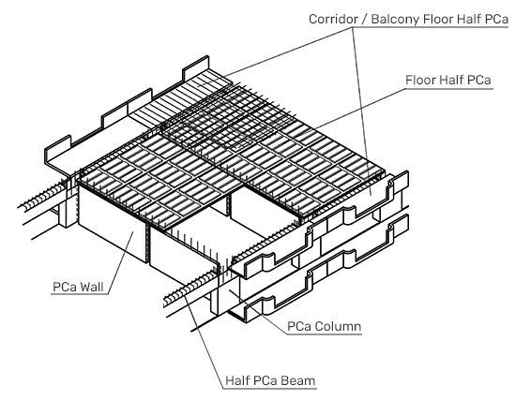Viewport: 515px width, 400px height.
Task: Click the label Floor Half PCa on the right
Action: point(448,80)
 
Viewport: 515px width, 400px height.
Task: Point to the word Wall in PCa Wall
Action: point(92,287)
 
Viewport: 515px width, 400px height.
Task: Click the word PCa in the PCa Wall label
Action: point(66,287)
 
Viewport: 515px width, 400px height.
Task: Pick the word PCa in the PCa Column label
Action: point(299,327)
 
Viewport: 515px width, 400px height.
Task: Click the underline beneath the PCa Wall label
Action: point(80,294)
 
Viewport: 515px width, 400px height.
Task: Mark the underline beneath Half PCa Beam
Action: point(270,389)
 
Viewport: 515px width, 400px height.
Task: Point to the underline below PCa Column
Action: point(325,334)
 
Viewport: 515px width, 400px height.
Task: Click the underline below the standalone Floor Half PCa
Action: point(449,88)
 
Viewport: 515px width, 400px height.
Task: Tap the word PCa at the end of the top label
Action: point(496,19)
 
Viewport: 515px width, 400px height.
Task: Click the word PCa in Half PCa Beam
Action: point(266,380)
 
